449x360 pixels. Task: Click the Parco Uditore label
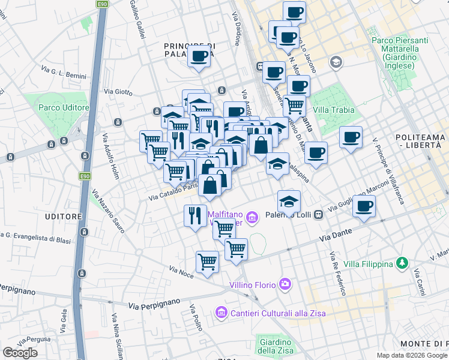click(64, 107)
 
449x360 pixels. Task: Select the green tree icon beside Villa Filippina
click(402, 263)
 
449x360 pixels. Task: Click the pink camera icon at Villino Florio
click(285, 284)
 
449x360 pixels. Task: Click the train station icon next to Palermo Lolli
click(319, 214)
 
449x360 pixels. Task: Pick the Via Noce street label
click(181, 272)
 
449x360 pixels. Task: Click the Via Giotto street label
click(118, 92)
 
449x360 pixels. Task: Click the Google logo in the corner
click(20, 353)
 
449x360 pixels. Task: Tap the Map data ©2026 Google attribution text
click(412, 355)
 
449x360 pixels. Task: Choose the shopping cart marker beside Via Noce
click(207, 262)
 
